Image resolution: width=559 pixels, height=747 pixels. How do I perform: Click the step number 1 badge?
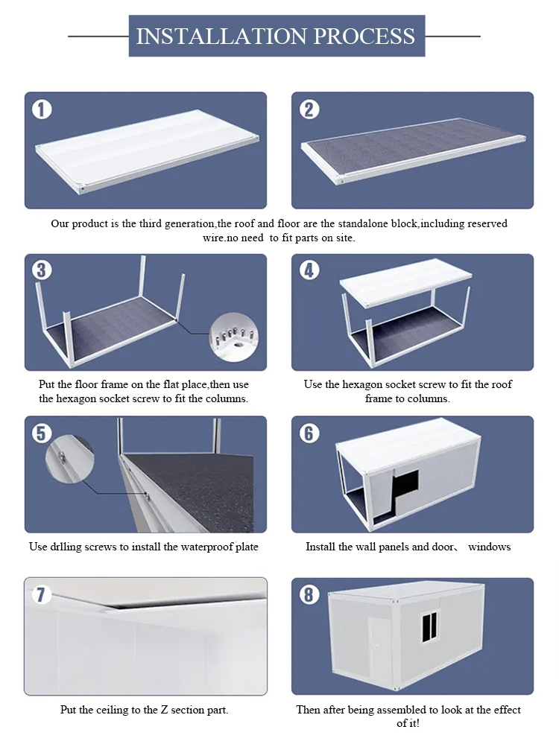42,109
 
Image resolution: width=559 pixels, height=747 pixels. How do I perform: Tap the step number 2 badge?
309,109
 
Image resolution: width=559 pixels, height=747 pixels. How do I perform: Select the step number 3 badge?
42,270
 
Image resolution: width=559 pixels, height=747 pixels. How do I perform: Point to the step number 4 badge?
309,270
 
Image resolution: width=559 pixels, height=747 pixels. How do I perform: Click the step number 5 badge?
42,433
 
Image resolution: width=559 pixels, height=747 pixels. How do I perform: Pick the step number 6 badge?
309,433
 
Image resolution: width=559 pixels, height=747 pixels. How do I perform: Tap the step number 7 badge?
42,594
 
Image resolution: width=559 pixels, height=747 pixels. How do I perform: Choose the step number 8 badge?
309,594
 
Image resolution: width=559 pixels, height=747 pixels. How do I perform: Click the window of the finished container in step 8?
430,627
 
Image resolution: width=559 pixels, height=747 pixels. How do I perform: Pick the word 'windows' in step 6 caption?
489,547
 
